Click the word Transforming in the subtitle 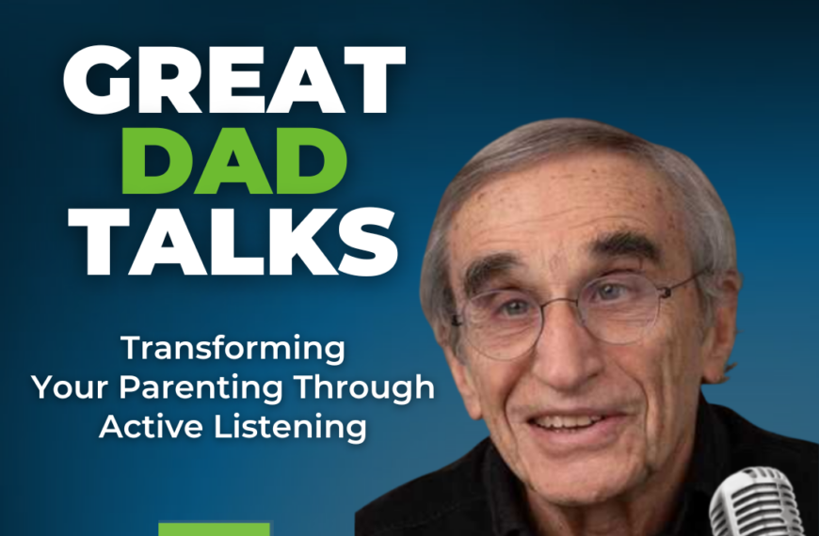click(x=233, y=350)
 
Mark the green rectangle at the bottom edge click(x=214, y=528)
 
